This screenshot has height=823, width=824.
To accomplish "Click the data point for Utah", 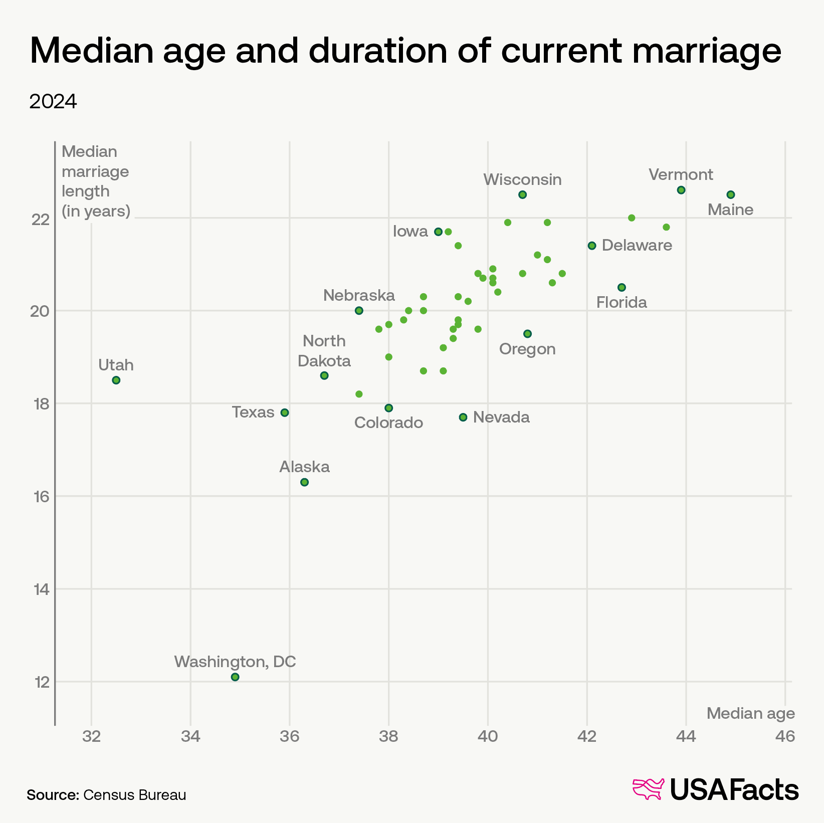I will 116,380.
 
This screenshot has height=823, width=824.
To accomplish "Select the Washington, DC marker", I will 235,677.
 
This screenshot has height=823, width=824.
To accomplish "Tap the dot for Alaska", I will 304,482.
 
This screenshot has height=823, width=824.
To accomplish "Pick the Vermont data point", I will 681,190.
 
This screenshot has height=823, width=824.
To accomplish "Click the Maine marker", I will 731,194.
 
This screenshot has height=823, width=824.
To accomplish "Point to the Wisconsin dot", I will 522,194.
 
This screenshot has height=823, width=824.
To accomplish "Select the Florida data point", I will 622,287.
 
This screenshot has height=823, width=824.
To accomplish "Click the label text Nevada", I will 501,417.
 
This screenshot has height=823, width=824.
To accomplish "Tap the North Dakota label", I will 324,351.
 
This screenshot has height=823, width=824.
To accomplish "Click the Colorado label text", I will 388,423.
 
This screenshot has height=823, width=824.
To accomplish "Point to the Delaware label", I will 637,246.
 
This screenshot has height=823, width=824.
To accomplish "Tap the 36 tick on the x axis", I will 290,736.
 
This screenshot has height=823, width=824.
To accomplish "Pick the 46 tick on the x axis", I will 785,736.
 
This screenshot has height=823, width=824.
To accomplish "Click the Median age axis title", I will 750,713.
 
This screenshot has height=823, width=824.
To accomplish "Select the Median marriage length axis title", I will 95,181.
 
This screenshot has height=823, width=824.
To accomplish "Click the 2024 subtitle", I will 53,102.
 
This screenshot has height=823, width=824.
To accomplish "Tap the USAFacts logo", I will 716,790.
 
